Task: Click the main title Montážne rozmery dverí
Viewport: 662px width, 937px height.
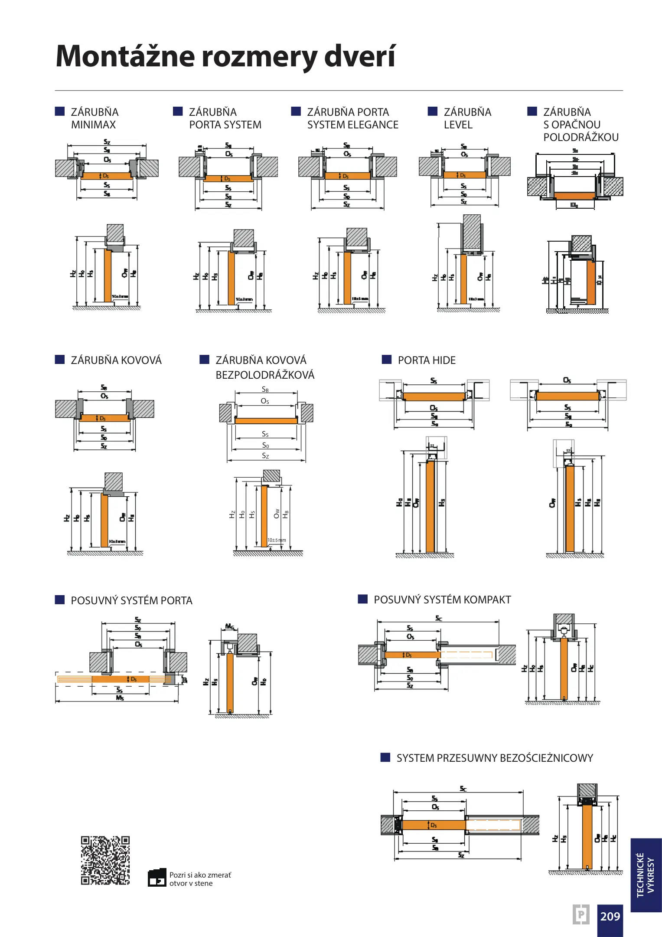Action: (225, 56)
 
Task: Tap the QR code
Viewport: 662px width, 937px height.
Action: (105, 860)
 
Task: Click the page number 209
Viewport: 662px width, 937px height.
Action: (610, 916)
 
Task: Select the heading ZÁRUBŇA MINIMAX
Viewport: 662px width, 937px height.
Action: (95, 118)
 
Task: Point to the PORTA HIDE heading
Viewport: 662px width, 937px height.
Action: (427, 360)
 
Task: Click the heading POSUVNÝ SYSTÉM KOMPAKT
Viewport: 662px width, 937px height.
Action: (442, 600)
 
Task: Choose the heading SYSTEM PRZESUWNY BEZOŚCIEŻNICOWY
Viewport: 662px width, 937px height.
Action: (494, 758)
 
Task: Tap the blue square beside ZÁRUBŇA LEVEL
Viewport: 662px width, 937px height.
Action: (433, 111)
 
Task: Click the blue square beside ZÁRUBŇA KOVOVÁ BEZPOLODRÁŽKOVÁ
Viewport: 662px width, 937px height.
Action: (204, 360)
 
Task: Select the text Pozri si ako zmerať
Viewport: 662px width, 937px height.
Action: (200, 875)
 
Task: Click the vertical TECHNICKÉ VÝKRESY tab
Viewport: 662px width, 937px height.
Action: (646, 875)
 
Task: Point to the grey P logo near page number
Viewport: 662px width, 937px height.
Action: (581, 914)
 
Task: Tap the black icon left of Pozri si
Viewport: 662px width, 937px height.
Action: (157, 878)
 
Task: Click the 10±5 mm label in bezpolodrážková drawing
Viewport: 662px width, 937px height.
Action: (277, 540)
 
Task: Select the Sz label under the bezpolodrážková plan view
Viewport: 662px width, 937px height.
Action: (265, 456)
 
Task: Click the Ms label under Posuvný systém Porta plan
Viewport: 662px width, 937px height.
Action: (120, 698)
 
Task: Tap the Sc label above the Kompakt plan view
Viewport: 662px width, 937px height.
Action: (439, 618)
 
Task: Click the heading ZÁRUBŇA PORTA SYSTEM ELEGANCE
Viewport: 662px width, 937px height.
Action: (352, 118)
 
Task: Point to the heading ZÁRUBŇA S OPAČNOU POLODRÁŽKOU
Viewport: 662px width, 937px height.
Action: (581, 124)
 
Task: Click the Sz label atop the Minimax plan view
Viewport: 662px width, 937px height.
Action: (107, 142)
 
